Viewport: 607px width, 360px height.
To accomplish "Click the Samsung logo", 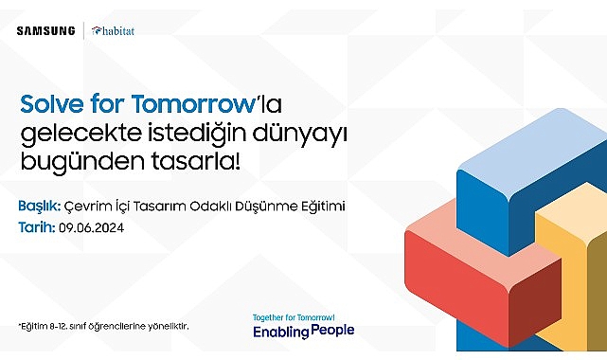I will [x=45, y=30].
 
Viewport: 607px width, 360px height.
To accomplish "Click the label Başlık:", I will [x=40, y=206].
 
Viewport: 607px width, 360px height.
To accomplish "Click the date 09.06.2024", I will [x=92, y=228].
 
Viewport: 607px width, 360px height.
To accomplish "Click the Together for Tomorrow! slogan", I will [x=294, y=316].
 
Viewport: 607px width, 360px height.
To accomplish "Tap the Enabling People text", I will [x=303, y=332].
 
